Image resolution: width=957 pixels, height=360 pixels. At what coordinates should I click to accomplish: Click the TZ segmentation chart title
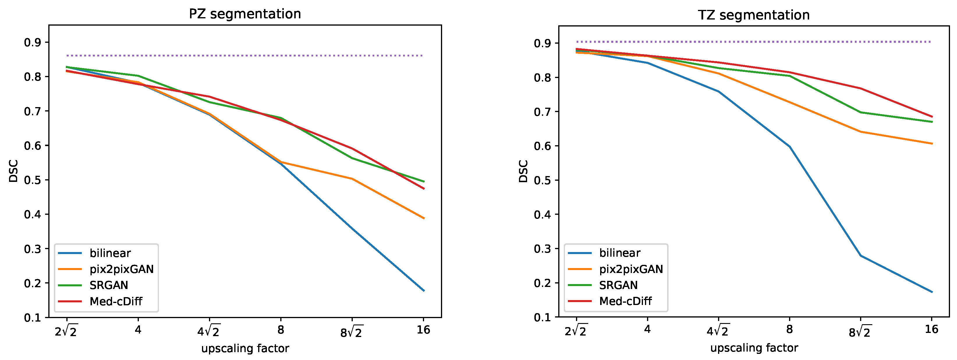[x=754, y=15]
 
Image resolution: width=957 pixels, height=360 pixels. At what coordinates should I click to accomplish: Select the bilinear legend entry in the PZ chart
[x=110, y=253]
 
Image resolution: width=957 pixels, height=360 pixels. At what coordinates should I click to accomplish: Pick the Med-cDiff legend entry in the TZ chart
[x=625, y=301]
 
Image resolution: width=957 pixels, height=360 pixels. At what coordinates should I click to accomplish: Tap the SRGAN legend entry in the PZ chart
[x=109, y=285]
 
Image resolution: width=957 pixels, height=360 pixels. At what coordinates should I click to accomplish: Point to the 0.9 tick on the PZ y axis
[x=33, y=43]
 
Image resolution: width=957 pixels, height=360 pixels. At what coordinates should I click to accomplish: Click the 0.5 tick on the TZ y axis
[x=543, y=180]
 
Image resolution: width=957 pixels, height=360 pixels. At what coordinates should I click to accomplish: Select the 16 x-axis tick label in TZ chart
[x=931, y=329]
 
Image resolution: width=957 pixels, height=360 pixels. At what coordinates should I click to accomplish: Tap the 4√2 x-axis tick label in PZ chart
[x=209, y=331]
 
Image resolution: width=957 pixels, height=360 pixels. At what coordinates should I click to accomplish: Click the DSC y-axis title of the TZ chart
[x=523, y=171]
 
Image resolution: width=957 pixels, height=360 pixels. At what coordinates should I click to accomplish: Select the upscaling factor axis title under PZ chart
[x=245, y=348]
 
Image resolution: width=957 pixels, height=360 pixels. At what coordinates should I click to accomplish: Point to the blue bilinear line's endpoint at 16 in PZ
[x=423, y=290]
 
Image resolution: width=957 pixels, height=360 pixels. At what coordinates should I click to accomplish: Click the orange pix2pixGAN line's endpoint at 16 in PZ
[x=423, y=218]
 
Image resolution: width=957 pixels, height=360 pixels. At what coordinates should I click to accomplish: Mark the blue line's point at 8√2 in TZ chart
[x=860, y=256]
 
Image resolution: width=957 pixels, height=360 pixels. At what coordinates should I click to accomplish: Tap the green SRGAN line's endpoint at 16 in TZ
[x=932, y=121]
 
